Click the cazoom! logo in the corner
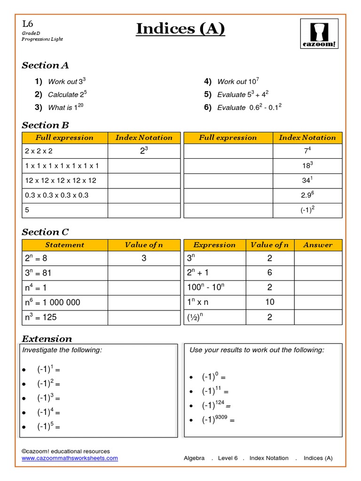[x=319, y=34]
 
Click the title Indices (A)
[x=180, y=29]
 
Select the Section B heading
[x=45, y=125]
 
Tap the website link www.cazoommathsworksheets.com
[x=70, y=458]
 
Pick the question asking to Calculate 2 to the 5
[x=67, y=94]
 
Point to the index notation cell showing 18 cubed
[x=307, y=165]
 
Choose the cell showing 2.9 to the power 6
[x=307, y=195]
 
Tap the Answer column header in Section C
[x=318, y=245]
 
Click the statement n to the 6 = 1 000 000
[x=52, y=302]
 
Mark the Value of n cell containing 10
[x=269, y=302]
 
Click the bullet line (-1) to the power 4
[x=48, y=412]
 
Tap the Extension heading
[x=47, y=339]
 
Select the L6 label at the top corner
[x=28, y=23]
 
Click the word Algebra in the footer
[x=194, y=458]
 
